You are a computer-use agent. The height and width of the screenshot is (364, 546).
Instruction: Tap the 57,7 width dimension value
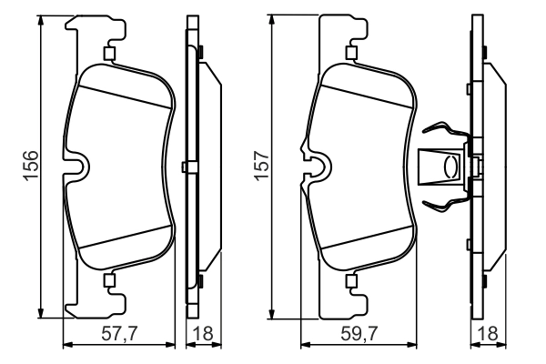119,334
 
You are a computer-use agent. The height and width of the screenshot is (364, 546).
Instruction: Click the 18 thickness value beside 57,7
202,334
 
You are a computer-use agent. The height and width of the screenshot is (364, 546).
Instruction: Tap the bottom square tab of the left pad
110,280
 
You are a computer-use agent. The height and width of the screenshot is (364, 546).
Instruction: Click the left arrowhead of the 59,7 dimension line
304,345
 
